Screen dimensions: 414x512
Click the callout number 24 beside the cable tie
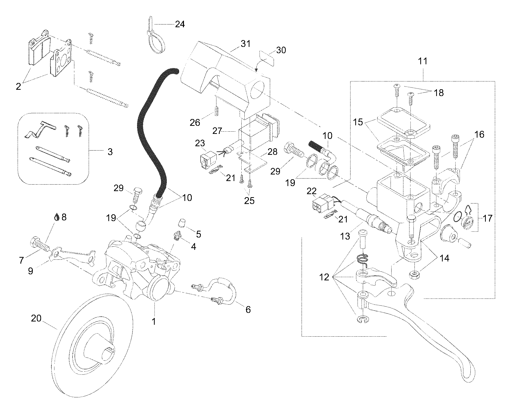pos(180,24)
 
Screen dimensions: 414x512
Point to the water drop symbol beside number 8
pos(57,217)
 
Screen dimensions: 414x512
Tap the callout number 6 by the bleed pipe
pos(248,310)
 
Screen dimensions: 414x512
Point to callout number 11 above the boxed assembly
pos(423,61)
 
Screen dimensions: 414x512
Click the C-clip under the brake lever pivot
pos(361,320)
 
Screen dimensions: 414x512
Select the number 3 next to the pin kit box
pos(110,152)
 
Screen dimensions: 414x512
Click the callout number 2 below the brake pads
pos(18,86)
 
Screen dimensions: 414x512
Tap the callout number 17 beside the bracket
pos(487,218)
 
